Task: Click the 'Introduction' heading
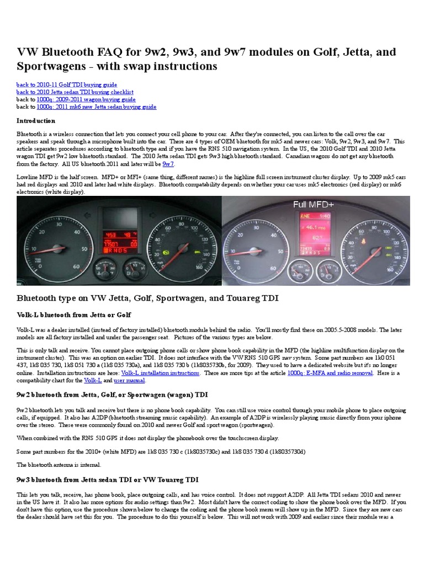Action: [36, 121]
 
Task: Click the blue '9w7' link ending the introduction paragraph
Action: [168, 164]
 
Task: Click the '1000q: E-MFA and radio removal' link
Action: [330, 373]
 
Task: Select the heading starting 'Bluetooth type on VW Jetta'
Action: [147, 299]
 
